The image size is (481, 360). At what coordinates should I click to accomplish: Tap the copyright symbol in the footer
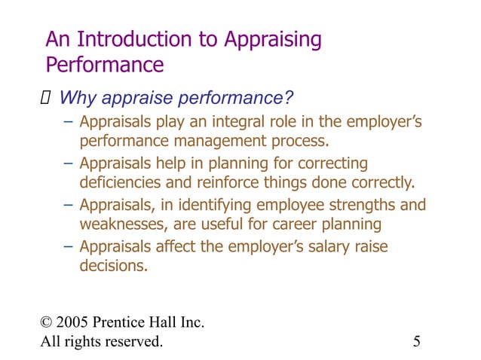pyautogui.click(x=46, y=323)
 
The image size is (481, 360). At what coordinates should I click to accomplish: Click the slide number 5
pyautogui.click(x=417, y=343)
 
